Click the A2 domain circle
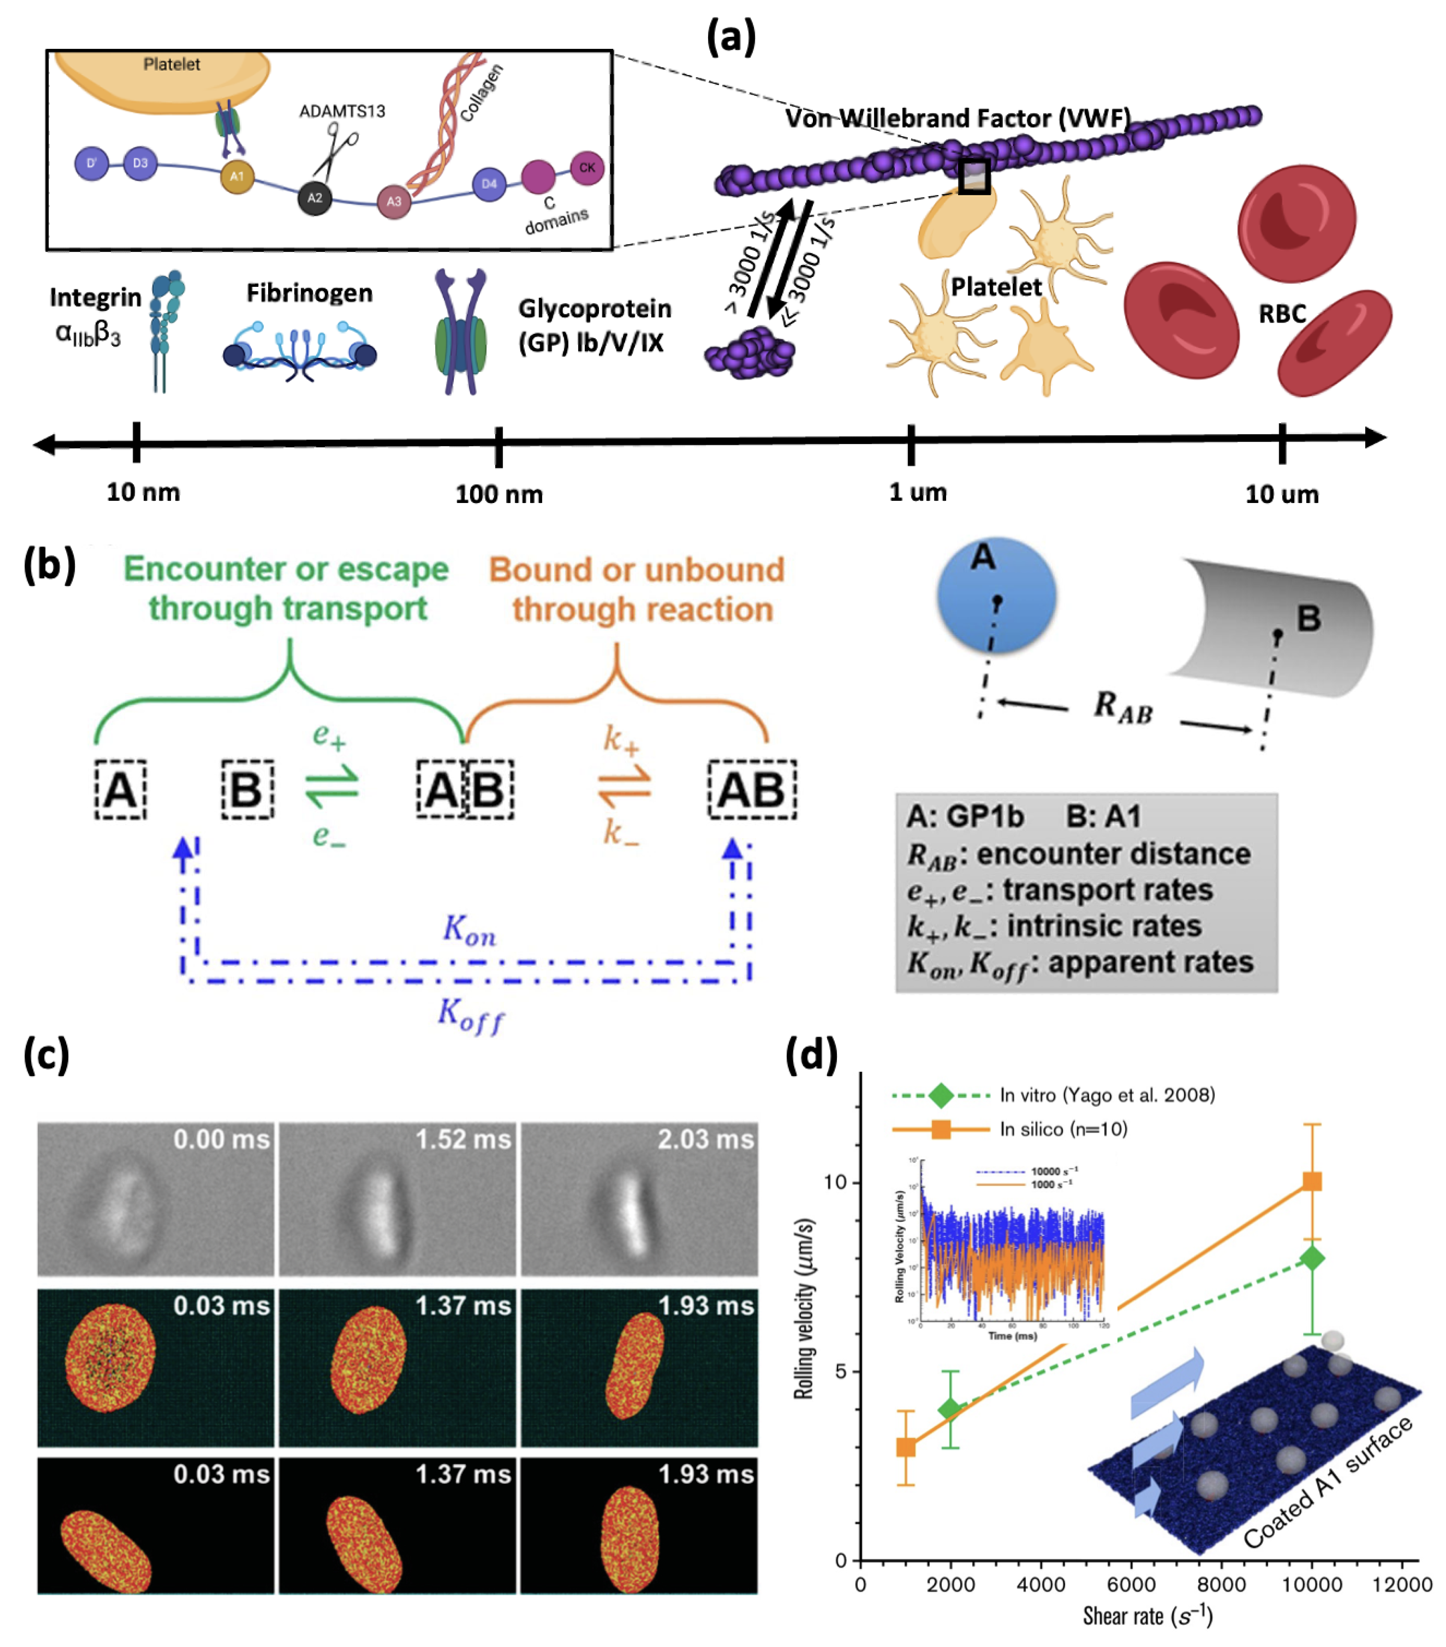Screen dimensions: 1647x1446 coord(314,198)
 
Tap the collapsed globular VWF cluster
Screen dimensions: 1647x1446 coord(749,352)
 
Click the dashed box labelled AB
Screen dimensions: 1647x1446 coord(751,790)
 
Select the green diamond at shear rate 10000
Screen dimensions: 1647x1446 coord(1311,1257)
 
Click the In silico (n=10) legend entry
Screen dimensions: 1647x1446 coord(1062,1129)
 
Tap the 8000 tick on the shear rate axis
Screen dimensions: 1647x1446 coord(1220,1584)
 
